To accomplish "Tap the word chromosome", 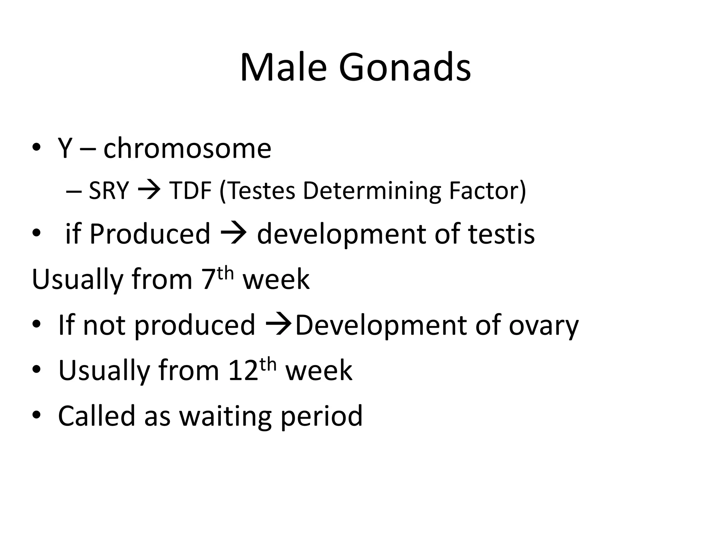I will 187,149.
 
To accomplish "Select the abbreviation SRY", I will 109,191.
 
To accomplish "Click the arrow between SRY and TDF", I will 149,191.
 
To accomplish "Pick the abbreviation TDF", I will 190,191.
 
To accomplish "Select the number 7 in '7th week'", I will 208,280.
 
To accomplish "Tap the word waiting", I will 225,416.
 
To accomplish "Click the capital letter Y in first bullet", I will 65,148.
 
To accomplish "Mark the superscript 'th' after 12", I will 268,365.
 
